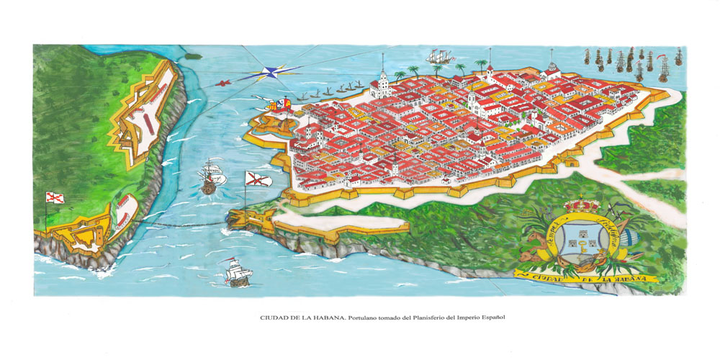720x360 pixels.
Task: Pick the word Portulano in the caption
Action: pos(368,316)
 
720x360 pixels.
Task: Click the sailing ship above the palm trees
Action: pos(441,57)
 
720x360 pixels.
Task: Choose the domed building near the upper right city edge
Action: pos(552,70)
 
